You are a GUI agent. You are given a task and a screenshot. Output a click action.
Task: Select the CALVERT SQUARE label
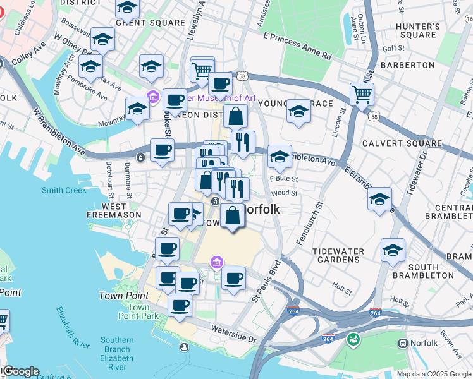[402, 143]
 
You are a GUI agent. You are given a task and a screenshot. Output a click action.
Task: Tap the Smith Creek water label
[64, 190]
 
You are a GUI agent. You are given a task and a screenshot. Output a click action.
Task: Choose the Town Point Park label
[134, 311]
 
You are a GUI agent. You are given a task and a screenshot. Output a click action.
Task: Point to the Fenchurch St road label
[309, 224]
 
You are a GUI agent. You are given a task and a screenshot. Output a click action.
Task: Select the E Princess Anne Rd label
[298, 47]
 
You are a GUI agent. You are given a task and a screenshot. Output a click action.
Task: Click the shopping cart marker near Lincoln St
[362, 94]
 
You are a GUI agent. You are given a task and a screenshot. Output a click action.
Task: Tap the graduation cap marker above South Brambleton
[393, 250]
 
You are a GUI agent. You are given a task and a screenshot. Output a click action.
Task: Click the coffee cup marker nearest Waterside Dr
[180, 305]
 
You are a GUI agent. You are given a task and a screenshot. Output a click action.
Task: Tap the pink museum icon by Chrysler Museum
[152, 97]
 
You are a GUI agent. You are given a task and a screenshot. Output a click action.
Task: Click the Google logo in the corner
[21, 371]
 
